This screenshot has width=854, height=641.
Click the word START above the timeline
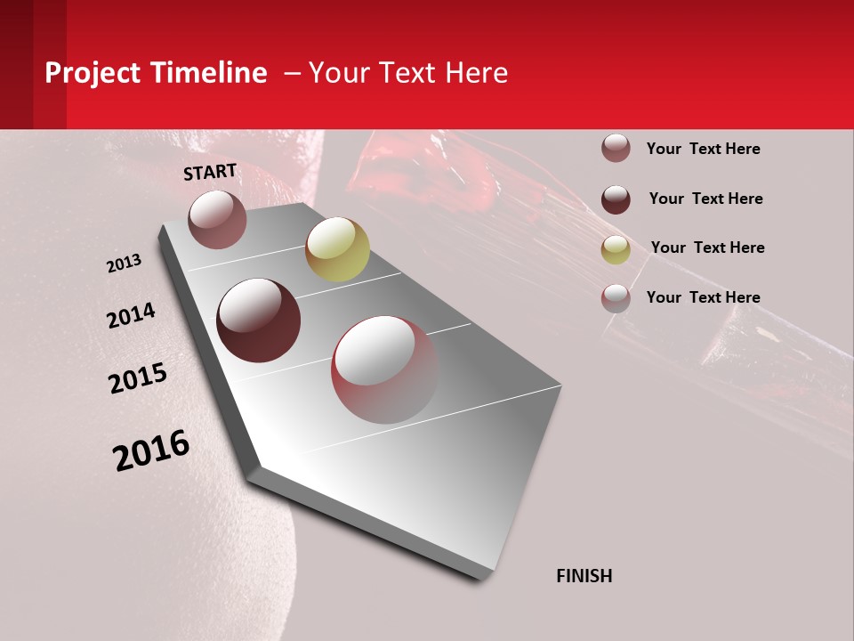click(x=210, y=172)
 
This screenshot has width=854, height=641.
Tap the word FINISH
click(x=584, y=576)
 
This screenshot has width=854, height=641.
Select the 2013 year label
click(x=124, y=264)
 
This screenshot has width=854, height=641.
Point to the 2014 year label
click(x=131, y=315)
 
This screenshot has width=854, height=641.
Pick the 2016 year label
click(x=151, y=450)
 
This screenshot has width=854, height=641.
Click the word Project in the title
click(x=93, y=73)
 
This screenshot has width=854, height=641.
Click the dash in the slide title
click(x=292, y=73)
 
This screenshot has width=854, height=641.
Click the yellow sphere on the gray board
click(x=337, y=249)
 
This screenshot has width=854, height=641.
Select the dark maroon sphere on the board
click(x=259, y=320)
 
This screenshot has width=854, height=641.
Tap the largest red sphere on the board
click(x=384, y=369)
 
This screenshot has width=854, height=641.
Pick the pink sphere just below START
click(x=217, y=219)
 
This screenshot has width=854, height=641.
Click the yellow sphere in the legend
click(x=616, y=249)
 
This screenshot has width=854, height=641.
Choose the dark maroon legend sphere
click(x=616, y=199)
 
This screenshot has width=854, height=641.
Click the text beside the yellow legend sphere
click(x=707, y=247)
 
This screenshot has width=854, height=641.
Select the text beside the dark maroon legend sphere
click(x=705, y=199)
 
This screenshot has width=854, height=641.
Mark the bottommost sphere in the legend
click(x=616, y=298)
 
